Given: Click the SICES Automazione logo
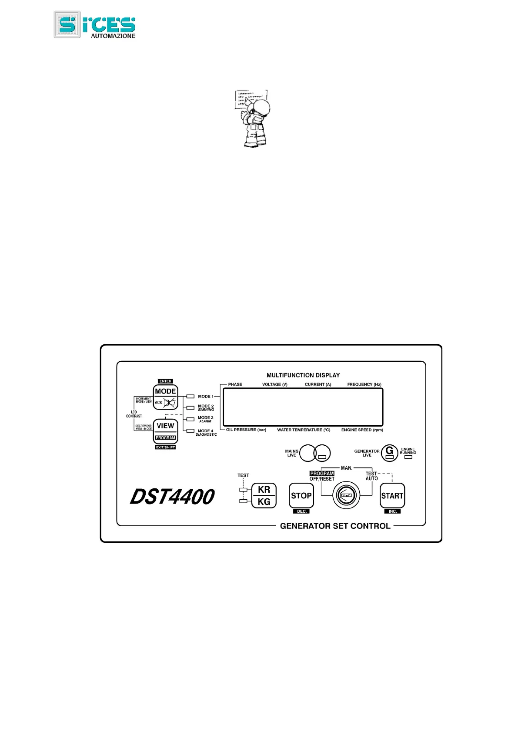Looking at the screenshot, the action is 94,25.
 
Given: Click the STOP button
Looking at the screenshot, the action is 301,495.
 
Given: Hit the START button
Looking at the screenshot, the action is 392,495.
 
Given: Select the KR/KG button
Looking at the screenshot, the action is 264,495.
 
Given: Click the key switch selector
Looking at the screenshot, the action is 346,495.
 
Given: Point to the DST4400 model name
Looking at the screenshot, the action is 172,497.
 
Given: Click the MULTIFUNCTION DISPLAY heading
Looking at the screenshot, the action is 303,375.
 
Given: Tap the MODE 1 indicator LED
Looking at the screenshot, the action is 190,397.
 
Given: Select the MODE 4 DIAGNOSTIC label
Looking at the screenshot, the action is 206,433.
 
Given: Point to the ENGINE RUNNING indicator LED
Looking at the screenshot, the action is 408,457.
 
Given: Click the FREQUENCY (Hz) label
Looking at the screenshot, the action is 364,384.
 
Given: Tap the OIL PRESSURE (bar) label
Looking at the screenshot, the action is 246,430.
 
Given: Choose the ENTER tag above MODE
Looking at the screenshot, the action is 165,381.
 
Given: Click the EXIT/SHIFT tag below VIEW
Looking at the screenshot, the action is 165,447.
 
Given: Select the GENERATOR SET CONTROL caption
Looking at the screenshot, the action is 335,526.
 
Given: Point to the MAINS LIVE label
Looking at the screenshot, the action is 291,453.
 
